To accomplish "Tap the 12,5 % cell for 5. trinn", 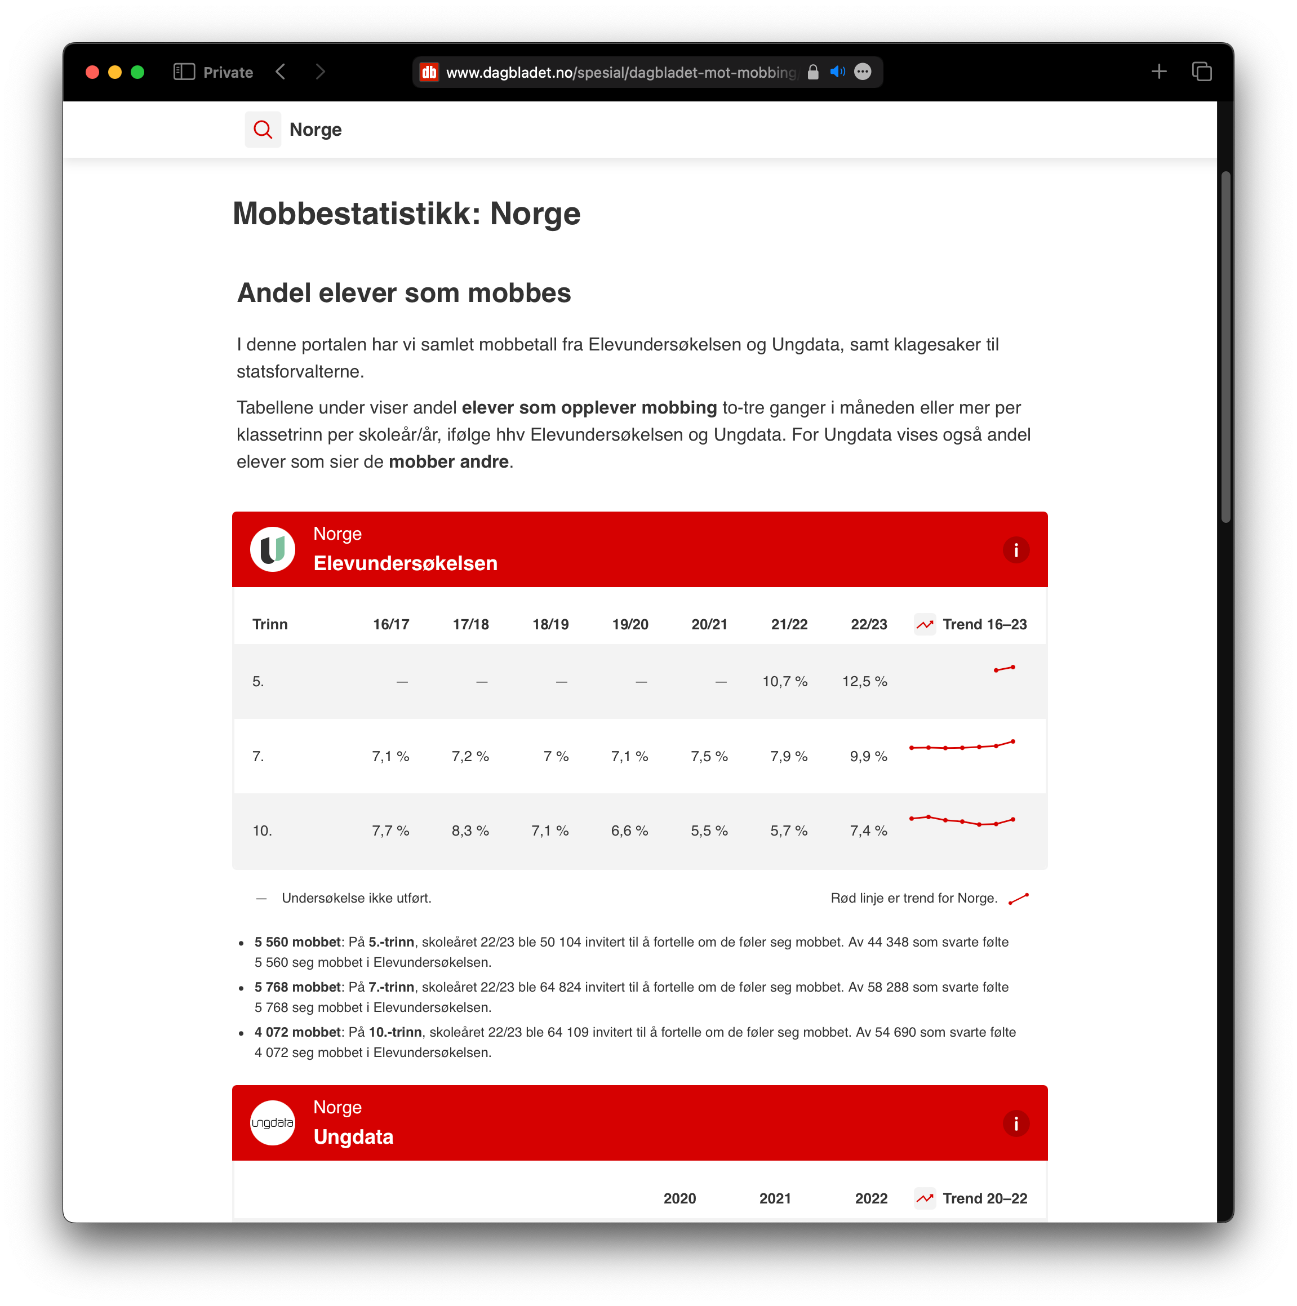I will (864, 681).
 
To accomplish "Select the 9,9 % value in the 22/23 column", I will (868, 757).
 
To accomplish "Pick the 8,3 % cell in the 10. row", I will (470, 831).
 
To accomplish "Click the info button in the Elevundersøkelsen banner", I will (1015, 550).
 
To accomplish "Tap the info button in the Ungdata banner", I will (1015, 1123).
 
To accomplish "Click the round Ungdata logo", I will (272, 1123).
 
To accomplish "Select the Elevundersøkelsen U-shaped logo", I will (272, 549).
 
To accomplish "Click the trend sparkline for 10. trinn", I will (962, 821).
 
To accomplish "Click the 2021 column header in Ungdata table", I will (775, 1198).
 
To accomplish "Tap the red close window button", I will (92, 72).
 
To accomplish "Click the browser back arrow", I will (281, 72).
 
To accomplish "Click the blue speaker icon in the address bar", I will (837, 72).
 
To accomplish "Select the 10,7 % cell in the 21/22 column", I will (785, 681).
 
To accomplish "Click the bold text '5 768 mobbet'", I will (297, 987).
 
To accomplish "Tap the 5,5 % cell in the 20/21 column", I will (709, 831).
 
